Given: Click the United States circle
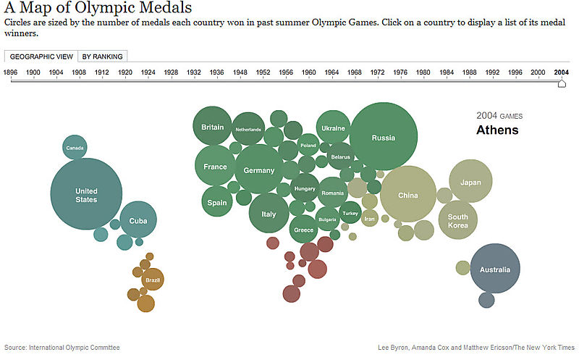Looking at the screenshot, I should tap(85, 193).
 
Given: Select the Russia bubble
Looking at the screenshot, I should tap(383, 137).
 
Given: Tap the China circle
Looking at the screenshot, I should tap(408, 195).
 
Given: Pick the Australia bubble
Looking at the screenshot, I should tap(495, 269).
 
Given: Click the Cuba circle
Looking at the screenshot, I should tap(138, 220).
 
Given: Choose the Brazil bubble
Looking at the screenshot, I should tap(152, 280).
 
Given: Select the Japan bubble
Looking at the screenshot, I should tap(470, 182).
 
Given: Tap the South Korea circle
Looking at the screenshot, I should tap(457, 220).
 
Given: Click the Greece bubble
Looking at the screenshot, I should tap(303, 230).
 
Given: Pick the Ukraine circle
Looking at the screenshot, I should tap(333, 127).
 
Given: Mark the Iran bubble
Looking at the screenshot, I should tap(370, 217).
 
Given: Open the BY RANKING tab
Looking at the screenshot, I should tap(102, 56).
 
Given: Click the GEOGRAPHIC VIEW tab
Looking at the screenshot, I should tap(41, 56).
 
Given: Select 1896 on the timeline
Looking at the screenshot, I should tap(11, 72).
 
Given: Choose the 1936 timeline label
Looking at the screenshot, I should tap(217, 72).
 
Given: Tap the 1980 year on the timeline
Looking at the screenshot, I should tap(423, 72).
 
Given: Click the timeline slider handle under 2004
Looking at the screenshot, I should tap(562, 84).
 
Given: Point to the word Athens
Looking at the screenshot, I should tap(497, 130).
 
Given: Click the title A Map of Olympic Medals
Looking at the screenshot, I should tap(98, 9).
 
